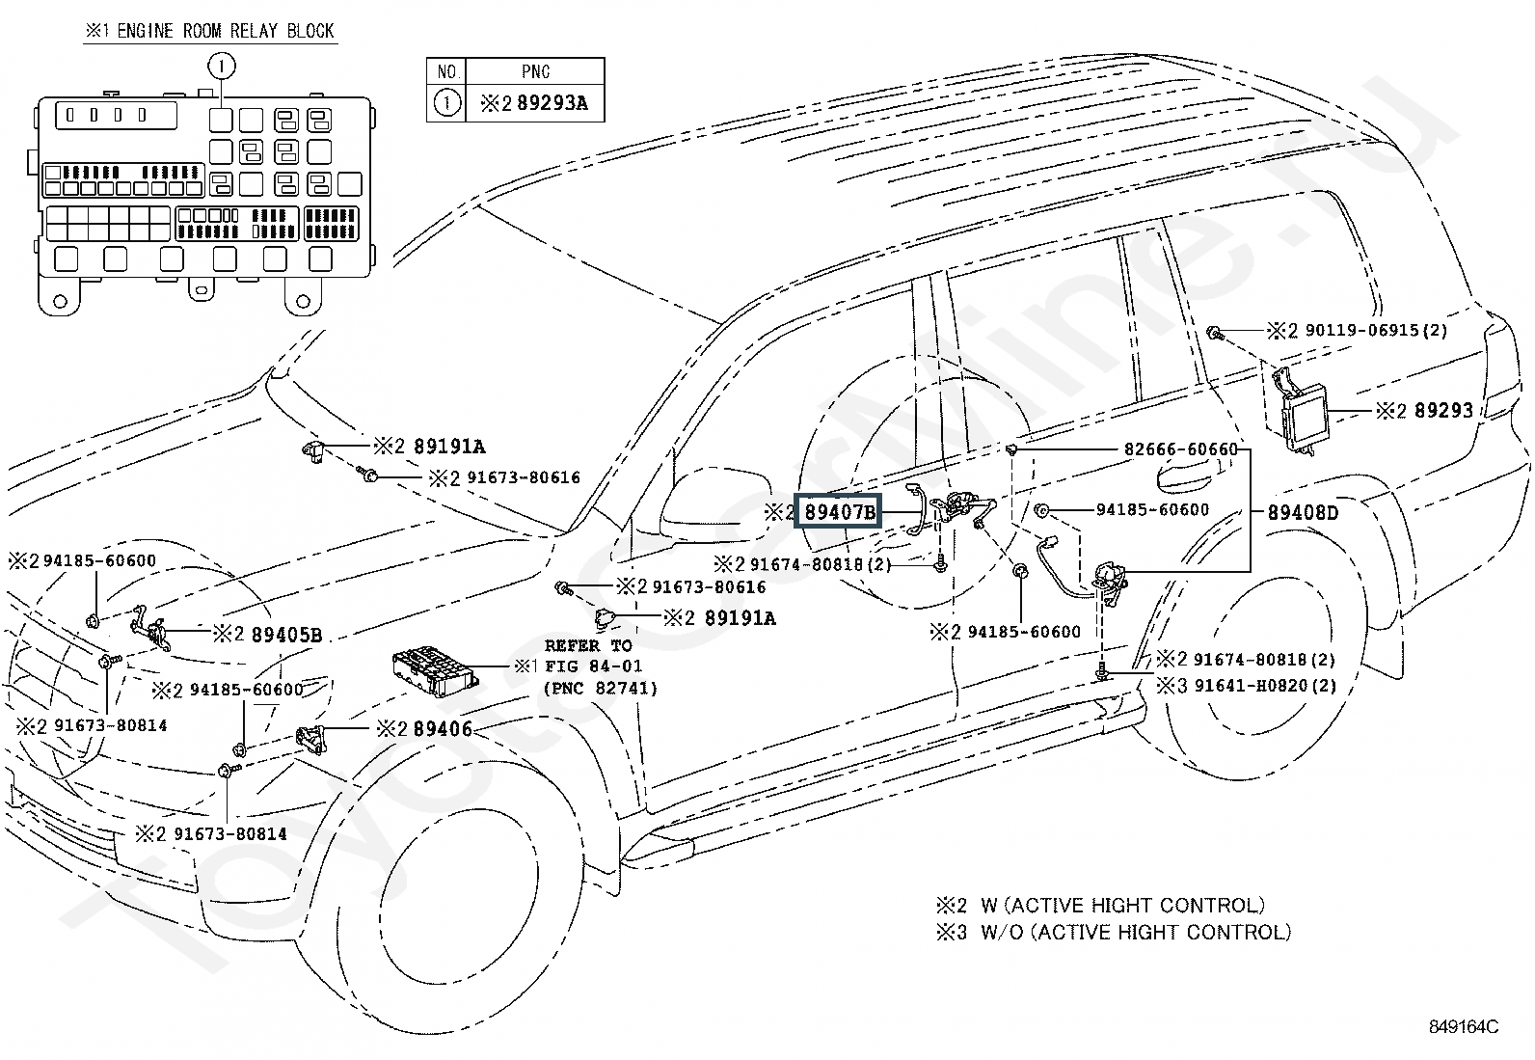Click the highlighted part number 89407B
coord(838,512)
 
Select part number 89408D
coord(1302,512)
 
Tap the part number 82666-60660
coord(1180,449)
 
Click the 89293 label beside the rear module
coord(1443,411)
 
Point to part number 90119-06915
coord(1362,331)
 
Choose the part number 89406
coord(443,729)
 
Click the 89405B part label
coord(286,635)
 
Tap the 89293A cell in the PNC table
coord(552,103)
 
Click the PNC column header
coord(535,71)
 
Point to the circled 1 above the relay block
coord(222,67)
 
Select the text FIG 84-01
coord(593,666)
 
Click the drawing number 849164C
coord(1464,1026)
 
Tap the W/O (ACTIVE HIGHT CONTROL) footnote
coord(1136,932)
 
